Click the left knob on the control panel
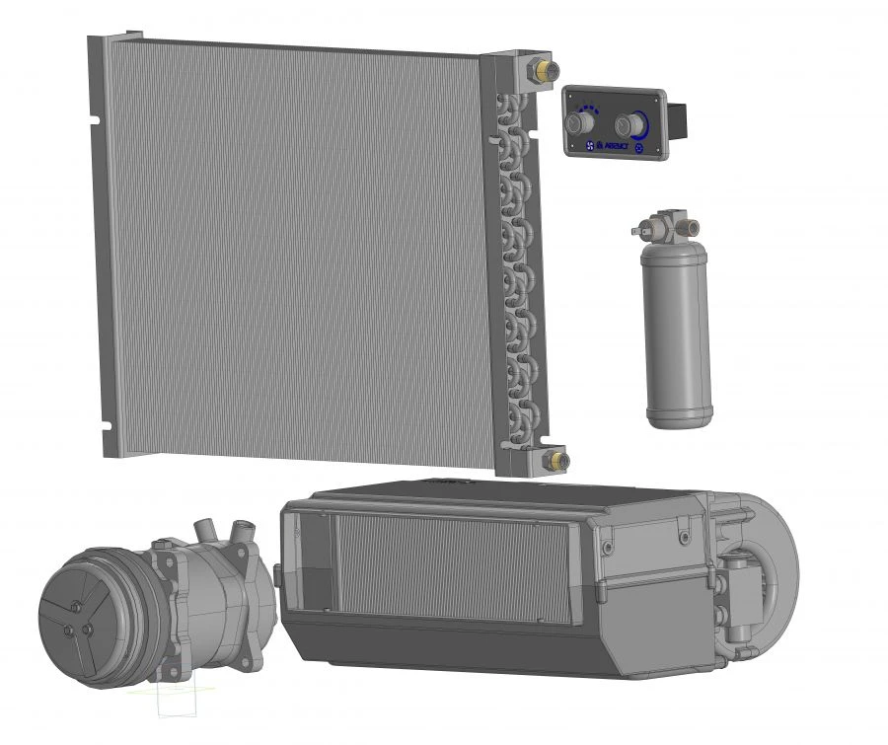pos(579,123)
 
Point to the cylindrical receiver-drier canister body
pos(676,326)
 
